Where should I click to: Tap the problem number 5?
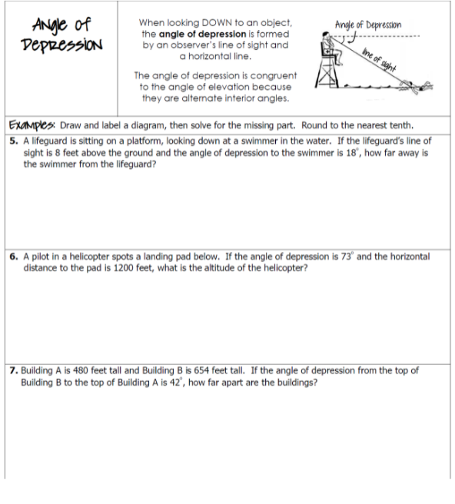pos(14,141)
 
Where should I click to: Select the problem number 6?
pos(14,254)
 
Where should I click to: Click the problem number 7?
pos(14,370)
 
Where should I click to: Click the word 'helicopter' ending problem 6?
pos(280,267)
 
